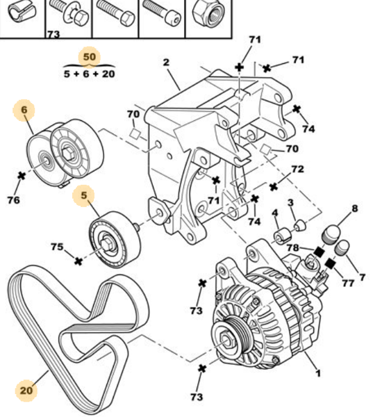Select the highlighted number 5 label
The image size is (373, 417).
(83, 197)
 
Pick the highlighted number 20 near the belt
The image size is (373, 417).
(26, 391)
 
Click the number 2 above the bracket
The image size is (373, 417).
(167, 63)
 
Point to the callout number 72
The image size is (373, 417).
(297, 169)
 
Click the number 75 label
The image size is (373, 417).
(57, 247)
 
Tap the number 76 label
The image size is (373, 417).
(13, 200)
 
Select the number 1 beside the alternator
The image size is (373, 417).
(318, 374)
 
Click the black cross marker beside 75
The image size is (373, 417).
(78, 261)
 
